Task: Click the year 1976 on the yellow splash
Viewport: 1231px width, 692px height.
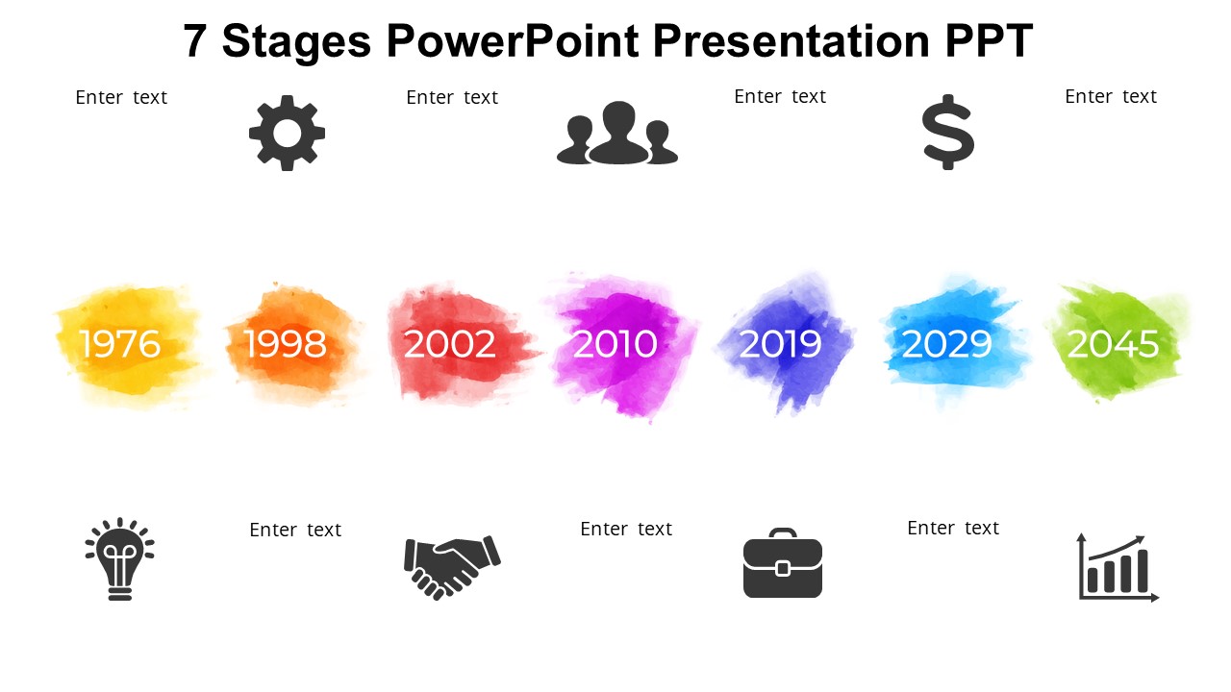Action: pos(120,344)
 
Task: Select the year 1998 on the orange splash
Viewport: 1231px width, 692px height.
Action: pos(286,344)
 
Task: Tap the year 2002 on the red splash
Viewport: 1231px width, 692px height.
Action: pos(449,344)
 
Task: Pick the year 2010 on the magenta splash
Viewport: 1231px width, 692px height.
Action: pos(615,344)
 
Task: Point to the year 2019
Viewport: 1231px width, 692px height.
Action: pos(780,344)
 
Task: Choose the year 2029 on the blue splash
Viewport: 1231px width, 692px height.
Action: pos(947,344)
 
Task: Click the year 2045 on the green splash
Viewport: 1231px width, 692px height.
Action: pos(1113,344)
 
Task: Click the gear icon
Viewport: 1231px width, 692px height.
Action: pos(287,133)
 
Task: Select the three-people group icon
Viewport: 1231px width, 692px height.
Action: pos(617,133)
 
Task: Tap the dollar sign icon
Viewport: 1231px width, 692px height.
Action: pos(948,133)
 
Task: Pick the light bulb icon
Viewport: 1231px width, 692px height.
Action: pos(120,559)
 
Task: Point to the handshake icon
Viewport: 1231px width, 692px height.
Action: pos(452,567)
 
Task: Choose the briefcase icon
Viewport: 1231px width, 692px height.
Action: pos(783,563)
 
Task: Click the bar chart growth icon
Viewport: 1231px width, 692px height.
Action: pos(1118,568)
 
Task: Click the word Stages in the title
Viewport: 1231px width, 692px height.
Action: pos(296,41)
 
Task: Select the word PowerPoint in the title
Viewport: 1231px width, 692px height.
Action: pos(513,40)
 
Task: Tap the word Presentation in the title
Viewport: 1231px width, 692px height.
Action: pos(791,40)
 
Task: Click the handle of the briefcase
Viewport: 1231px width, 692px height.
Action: pos(783,532)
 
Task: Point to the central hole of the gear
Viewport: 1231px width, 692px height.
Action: pos(287,133)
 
